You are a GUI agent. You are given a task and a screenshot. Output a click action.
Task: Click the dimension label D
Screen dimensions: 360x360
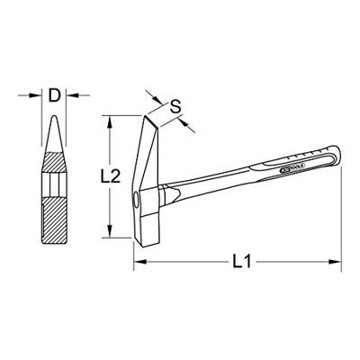point(56,93)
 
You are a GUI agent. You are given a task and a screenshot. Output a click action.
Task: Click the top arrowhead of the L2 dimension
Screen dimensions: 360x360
point(111,118)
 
